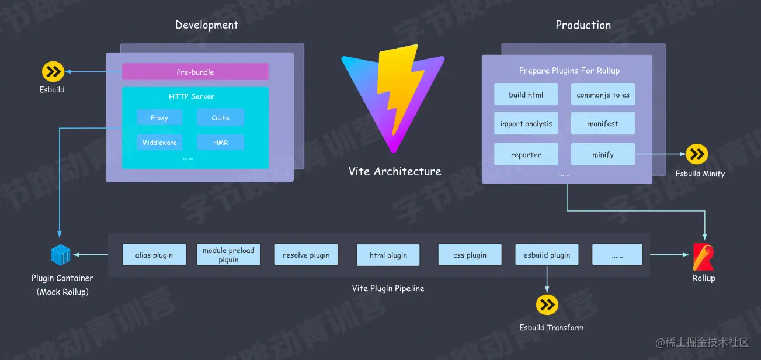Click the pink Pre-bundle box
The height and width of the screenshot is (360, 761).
click(x=195, y=72)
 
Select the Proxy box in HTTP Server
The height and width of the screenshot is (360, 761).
click(x=159, y=117)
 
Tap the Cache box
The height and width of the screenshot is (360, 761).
click(x=220, y=117)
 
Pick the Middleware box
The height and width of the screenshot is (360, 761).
click(x=159, y=142)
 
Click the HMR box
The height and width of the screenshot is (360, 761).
click(x=220, y=142)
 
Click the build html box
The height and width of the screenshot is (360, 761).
click(x=526, y=95)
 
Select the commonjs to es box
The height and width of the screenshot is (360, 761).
click(x=603, y=95)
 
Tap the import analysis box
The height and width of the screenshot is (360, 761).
click(x=526, y=124)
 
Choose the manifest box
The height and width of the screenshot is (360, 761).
click(x=603, y=124)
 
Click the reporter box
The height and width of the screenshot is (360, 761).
click(x=526, y=155)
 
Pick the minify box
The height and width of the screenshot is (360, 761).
click(x=603, y=155)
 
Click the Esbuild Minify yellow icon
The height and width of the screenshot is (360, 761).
click(x=697, y=154)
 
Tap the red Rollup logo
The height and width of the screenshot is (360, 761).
click(x=703, y=257)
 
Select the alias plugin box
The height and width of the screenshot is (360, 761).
click(x=154, y=255)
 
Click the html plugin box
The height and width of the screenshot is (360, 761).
click(x=388, y=255)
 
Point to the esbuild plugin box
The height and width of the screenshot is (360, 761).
click(x=547, y=255)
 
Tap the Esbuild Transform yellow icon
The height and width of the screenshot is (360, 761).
click(x=547, y=304)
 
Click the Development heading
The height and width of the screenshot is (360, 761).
click(x=207, y=25)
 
